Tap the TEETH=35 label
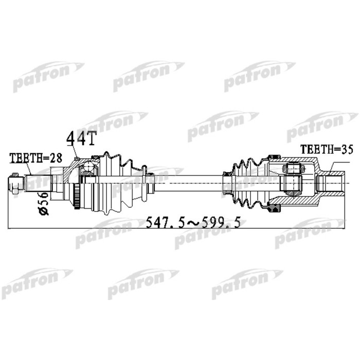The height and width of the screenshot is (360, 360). point(321,149)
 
